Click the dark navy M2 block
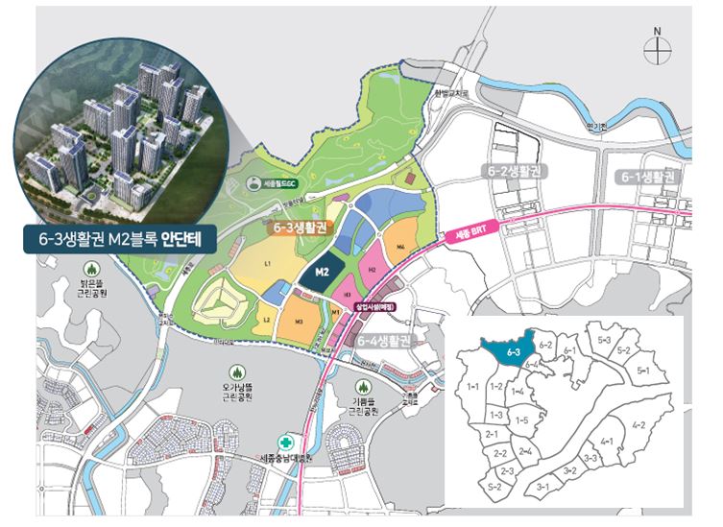pyautogui.click(x=325, y=273)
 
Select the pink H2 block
pyautogui.click(x=370, y=271)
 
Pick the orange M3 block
pyautogui.click(x=300, y=321)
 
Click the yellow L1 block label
pyautogui.click(x=267, y=263)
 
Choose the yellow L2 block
pyautogui.click(x=267, y=318)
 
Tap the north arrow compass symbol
pyautogui.click(x=658, y=47)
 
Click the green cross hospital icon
pyautogui.click(x=283, y=443)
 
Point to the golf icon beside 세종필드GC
pyautogui.click(x=252, y=181)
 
